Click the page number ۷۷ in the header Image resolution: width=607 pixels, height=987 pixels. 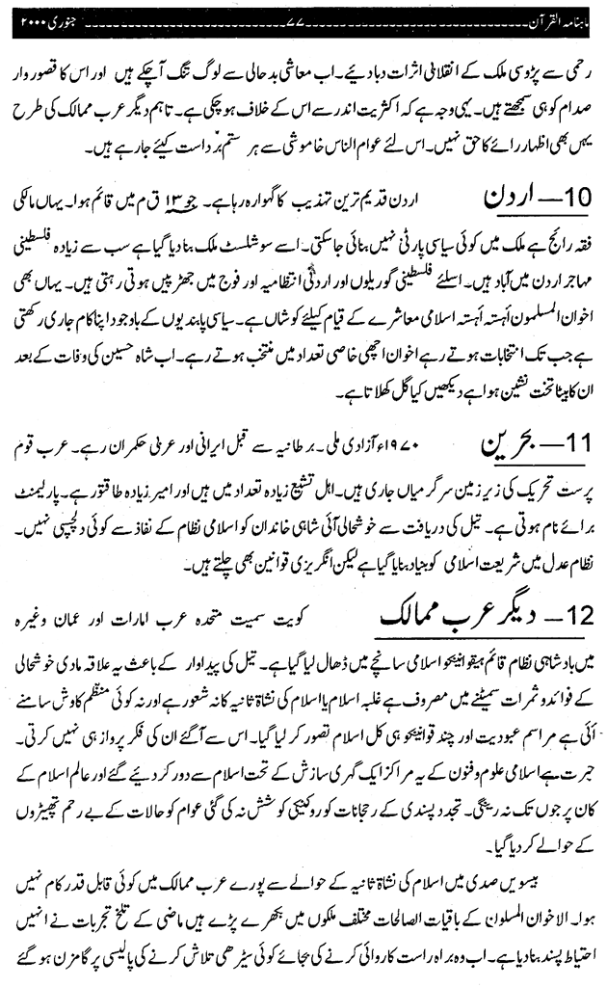click(x=304, y=19)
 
